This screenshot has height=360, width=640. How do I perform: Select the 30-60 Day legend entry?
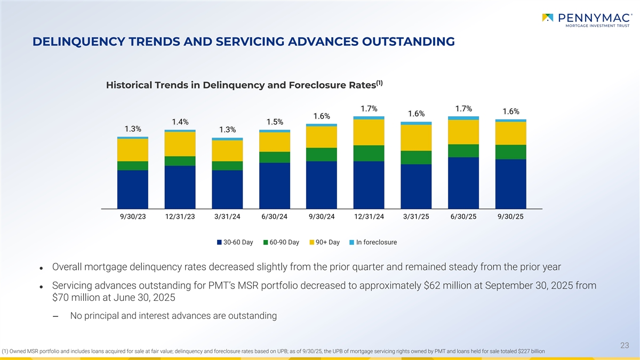pyautogui.click(x=235, y=242)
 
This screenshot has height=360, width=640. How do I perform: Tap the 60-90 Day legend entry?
pyautogui.click(x=281, y=242)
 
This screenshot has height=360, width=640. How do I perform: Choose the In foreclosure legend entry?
pyautogui.click(x=373, y=242)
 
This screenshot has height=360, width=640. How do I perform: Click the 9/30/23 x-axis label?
pyautogui.click(x=132, y=216)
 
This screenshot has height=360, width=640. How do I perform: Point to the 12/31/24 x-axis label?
pyautogui.click(x=369, y=216)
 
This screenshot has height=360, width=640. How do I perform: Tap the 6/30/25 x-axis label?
pyautogui.click(x=463, y=216)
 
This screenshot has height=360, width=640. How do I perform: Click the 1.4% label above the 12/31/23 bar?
pyautogui.click(x=180, y=122)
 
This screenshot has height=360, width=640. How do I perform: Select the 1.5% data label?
pyautogui.click(x=274, y=122)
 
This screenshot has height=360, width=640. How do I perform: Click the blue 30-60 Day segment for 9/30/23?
pyautogui.click(x=132, y=189)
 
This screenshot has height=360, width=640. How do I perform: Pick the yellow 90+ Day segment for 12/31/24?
pyautogui.click(x=369, y=132)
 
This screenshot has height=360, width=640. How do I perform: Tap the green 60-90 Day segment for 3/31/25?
pyautogui.click(x=416, y=157)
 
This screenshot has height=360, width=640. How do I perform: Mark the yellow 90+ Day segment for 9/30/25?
pyautogui.click(x=511, y=133)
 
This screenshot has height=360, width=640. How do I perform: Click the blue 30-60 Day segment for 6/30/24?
pyautogui.click(x=274, y=186)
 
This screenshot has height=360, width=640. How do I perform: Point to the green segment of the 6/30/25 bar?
pyautogui.click(x=463, y=150)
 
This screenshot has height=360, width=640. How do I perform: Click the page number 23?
pyautogui.click(x=625, y=346)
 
